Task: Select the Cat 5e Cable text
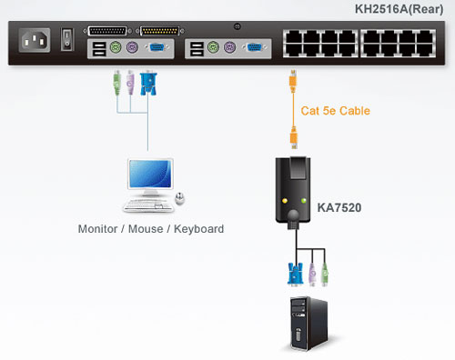tap(335, 111)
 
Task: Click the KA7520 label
tap(339, 208)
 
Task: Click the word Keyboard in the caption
tap(196, 229)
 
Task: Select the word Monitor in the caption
tap(100, 229)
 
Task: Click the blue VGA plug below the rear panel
tap(147, 84)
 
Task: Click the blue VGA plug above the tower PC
tap(294, 272)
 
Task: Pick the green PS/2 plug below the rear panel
tap(116, 83)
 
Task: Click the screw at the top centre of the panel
tap(237, 26)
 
